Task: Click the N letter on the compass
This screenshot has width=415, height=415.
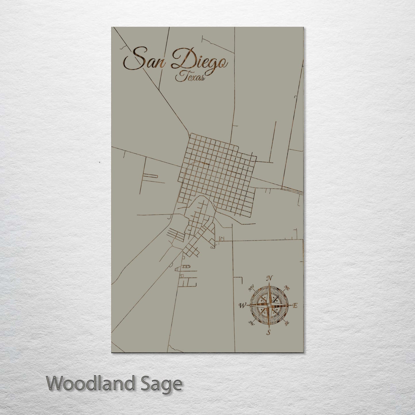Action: (269, 278)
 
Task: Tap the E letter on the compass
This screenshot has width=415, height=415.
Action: (294, 306)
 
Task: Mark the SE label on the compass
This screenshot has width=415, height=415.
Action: (286, 323)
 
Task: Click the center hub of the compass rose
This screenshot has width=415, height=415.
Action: (269, 305)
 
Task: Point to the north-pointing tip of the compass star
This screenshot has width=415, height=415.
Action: (269, 283)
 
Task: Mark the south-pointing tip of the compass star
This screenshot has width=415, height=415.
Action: (269, 328)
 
